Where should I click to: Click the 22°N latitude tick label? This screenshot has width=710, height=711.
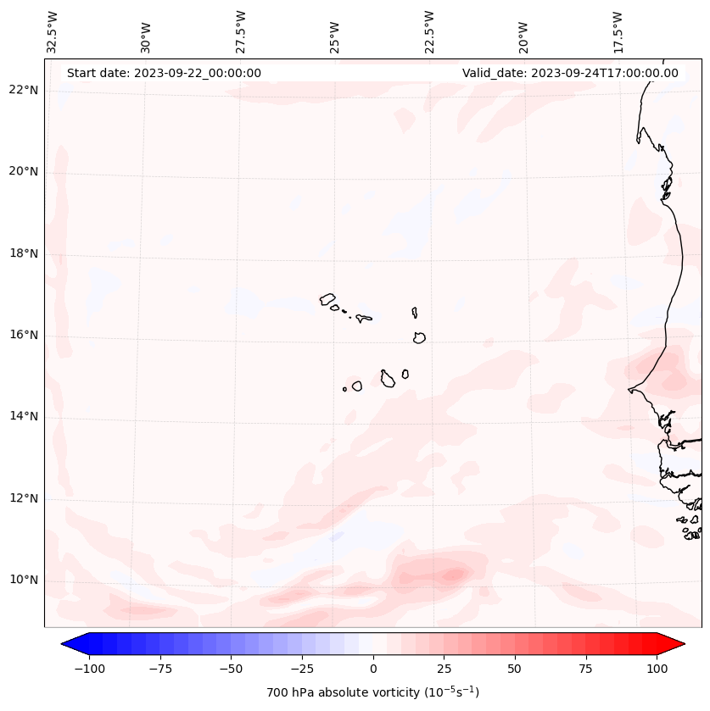[x=24, y=91]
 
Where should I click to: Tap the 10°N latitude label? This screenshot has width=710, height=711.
[x=24, y=580]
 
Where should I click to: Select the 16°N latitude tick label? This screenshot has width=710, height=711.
[x=24, y=335]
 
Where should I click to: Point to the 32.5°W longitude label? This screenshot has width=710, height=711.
[x=53, y=31]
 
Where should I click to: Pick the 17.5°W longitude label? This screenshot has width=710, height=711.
[x=618, y=31]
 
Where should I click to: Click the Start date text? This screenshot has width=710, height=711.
[x=164, y=73]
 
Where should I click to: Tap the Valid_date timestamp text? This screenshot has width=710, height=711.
[x=570, y=73]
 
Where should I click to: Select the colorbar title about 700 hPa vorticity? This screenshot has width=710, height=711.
[x=373, y=692]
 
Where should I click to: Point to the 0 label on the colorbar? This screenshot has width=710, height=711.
[x=373, y=669]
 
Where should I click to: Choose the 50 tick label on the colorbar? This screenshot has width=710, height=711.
[x=515, y=669]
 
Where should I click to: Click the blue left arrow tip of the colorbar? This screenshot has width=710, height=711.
[x=64, y=644]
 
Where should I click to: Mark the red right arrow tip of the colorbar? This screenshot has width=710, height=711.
[x=682, y=644]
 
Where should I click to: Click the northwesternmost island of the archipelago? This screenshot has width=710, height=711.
[x=327, y=298]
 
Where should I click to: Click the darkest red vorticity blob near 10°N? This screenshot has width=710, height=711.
[x=454, y=575]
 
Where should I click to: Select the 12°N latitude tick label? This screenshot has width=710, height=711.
[x=24, y=498]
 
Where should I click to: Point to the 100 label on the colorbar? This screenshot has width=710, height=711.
[x=657, y=669]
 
